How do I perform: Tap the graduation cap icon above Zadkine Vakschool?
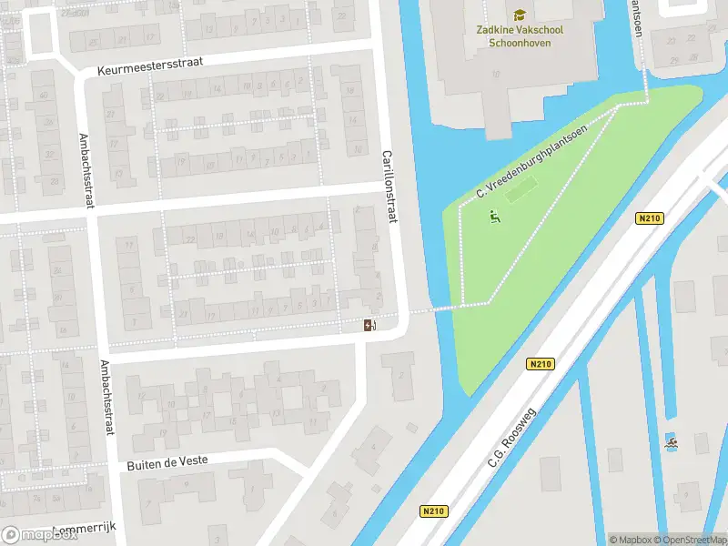519,15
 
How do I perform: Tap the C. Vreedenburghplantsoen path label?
532,162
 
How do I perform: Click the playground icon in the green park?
494,217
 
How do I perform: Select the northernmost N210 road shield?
649,217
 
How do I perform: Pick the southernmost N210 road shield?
434,511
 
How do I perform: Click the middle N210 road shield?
541,363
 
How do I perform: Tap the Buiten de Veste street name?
166,462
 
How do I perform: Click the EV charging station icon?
370,325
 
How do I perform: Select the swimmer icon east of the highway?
672,443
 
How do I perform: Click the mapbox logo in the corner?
39,534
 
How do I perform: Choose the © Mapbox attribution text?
630,540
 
